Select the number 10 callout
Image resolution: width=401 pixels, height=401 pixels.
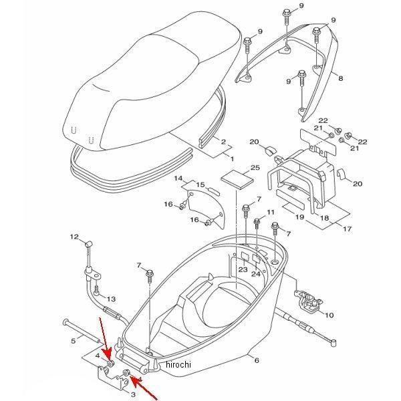pyautogui.click(x=328, y=315)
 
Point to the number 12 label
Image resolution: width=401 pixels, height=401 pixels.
pyautogui.click(x=76, y=237)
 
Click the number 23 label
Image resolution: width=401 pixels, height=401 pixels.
pyautogui.click(x=243, y=269)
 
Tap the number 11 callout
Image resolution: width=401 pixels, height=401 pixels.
pyautogui.click(x=271, y=213)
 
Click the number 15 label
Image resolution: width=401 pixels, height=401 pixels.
pyautogui.click(x=200, y=184)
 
